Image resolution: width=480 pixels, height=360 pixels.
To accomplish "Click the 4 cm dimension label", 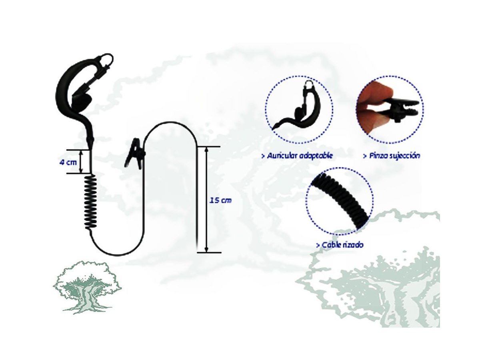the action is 68,163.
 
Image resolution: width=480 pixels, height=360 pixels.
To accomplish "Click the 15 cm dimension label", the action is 220,200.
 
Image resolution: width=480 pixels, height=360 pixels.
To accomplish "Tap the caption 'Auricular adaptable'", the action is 298,156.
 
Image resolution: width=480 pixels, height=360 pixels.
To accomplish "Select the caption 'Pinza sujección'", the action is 392,156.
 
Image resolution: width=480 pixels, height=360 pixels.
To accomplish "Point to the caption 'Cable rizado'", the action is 340,245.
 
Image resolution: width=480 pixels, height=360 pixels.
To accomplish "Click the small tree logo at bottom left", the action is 87,287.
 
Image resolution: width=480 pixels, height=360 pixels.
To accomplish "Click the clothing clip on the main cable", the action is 135,154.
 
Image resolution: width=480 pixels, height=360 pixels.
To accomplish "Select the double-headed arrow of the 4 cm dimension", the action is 81,162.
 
